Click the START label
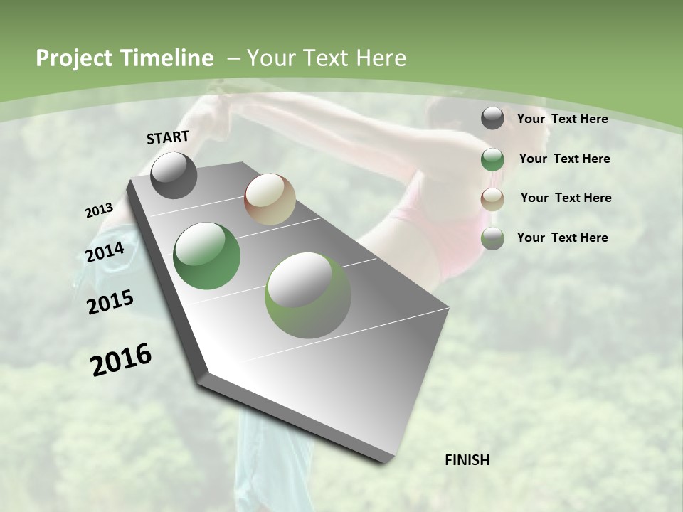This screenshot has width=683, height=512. [x=168, y=137]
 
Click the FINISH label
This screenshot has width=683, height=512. [x=467, y=460]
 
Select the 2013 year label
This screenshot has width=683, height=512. [x=99, y=210]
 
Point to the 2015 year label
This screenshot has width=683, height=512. [x=110, y=302]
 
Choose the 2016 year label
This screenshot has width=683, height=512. [x=121, y=360]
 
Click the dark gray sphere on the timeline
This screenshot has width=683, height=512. [x=174, y=175]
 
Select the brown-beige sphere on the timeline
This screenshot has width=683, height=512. [x=270, y=199]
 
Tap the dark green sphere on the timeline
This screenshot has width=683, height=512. [x=207, y=256]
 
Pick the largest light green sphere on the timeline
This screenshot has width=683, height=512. [x=308, y=295]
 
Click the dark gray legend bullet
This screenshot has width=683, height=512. [x=492, y=119]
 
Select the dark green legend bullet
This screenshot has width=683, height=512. [x=492, y=159]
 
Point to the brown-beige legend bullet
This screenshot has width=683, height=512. [x=492, y=198]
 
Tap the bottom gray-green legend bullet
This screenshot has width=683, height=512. [x=492, y=238]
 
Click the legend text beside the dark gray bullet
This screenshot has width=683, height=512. [x=562, y=119]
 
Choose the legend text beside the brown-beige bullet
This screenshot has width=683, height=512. [x=566, y=198]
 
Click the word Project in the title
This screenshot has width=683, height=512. [x=75, y=58]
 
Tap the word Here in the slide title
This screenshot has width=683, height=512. [x=381, y=58]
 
